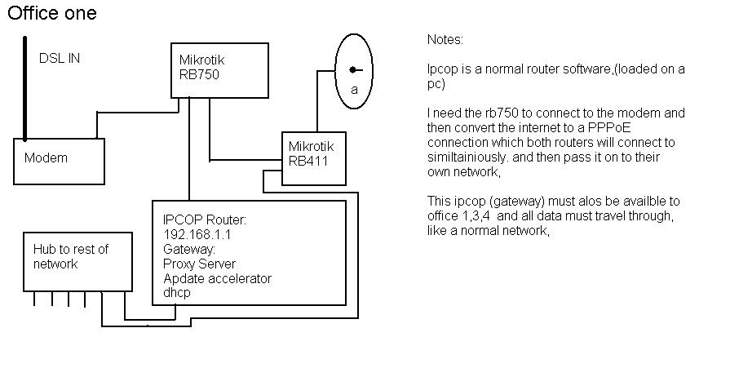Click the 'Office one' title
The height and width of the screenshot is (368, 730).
coord(52,14)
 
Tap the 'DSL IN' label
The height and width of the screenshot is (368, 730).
coord(60,59)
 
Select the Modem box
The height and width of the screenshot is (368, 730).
coord(60,161)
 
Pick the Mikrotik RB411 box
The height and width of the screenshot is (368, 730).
coord(314,157)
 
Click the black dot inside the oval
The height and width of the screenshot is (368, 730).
coord(352,70)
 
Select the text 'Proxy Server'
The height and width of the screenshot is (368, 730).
coord(199,264)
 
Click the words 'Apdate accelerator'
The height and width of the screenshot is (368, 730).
coord(217,278)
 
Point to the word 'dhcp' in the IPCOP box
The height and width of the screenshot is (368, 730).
coord(177,292)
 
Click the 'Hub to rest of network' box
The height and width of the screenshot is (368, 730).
coord(77,261)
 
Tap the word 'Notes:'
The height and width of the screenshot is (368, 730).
coord(445,39)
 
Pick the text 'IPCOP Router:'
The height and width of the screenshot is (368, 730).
coord(205,220)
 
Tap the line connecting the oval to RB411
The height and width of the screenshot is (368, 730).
coord(314,98)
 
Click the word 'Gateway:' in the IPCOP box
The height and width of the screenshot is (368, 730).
coord(189,249)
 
